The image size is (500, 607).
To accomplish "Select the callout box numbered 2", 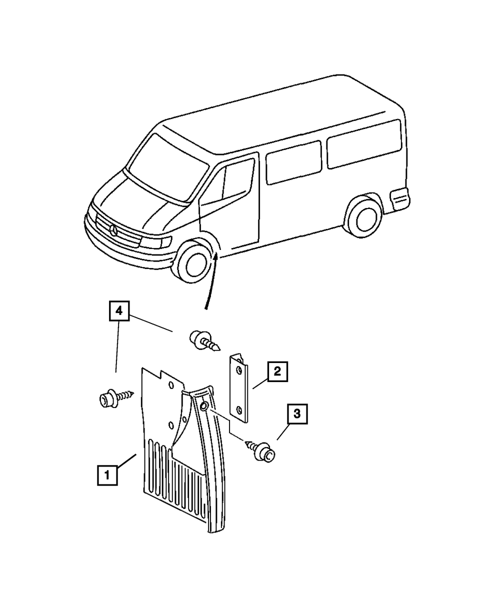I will [277, 372].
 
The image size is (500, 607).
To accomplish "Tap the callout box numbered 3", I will [297, 414].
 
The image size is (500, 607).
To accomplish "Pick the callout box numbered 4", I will [118, 311].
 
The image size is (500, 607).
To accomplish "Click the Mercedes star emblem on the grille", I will [113, 231].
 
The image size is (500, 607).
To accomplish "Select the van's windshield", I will [166, 167].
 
